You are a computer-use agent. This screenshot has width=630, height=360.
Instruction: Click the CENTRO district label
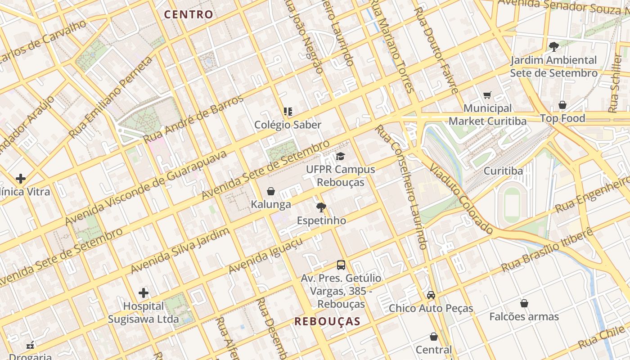pyautogui.click(x=189, y=14)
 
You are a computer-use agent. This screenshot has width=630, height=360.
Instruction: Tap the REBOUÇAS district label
pyautogui.click(x=328, y=321)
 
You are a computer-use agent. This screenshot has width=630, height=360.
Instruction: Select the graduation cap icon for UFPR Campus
pyautogui.click(x=341, y=157)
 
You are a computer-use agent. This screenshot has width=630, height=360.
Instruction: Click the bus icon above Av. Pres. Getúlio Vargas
pyautogui.click(x=341, y=265)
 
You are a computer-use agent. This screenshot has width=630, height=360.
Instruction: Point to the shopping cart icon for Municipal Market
pyautogui.click(x=487, y=95)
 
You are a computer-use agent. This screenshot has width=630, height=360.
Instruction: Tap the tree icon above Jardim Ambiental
pyautogui.click(x=554, y=46)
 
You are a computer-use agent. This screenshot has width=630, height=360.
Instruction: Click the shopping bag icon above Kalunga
pyautogui.click(x=271, y=191)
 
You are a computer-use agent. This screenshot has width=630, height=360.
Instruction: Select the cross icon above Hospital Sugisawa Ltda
pyautogui.click(x=144, y=293)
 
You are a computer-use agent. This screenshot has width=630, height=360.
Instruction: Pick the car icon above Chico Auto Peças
pyautogui.click(x=431, y=295)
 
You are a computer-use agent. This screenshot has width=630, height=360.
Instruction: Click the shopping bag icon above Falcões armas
pyautogui.click(x=524, y=303)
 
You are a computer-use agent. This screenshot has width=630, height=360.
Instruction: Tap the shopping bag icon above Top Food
pyautogui.click(x=562, y=105)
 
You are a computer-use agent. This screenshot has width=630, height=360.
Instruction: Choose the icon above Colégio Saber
pyautogui.click(x=288, y=112)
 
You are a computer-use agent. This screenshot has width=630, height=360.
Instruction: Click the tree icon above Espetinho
pyautogui.click(x=321, y=207)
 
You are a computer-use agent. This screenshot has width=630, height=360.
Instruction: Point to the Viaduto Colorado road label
pyautogui.click(x=461, y=198)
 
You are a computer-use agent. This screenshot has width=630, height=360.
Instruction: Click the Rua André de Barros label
pyautogui.click(x=193, y=119)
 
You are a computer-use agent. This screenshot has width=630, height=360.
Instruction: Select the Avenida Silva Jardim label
pyautogui.click(x=180, y=251)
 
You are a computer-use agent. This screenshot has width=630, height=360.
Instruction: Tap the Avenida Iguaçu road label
pyautogui.click(x=265, y=256)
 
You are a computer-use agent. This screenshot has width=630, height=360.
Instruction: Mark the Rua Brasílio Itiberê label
pyautogui.click(x=547, y=250)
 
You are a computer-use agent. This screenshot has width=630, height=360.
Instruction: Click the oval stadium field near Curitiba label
pyautogui.click(x=512, y=204)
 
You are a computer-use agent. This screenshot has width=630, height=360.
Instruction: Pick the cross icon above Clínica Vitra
pyautogui.click(x=21, y=179)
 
